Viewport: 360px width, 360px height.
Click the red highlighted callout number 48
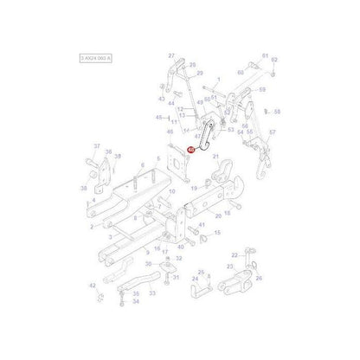tap(190, 150)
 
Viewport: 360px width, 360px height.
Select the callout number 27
tap(171, 55)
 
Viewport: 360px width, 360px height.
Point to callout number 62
tap(273, 60)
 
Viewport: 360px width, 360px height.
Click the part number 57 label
tap(272, 132)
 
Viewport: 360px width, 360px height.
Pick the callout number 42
tap(92, 285)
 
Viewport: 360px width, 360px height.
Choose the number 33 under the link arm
tap(152, 293)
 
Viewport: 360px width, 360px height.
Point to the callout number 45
tap(157, 117)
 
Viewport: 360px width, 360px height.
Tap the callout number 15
tap(216, 233)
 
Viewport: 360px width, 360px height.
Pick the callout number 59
tap(262, 88)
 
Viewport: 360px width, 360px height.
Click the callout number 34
tap(136, 304)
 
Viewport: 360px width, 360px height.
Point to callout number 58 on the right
tap(277, 112)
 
